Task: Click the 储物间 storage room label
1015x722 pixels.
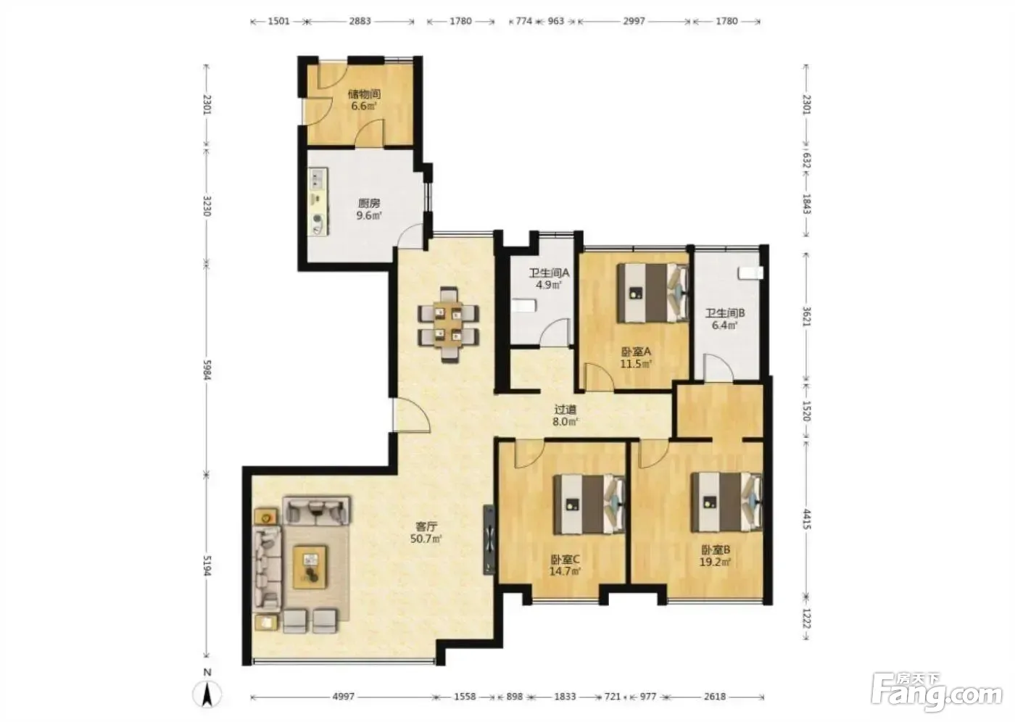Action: (x=364, y=94)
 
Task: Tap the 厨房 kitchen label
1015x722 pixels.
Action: (x=369, y=204)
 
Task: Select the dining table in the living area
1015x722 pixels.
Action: (x=448, y=324)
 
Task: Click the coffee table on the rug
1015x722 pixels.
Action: (x=310, y=567)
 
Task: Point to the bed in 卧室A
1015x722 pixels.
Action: (x=653, y=293)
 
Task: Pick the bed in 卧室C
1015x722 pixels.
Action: (x=589, y=504)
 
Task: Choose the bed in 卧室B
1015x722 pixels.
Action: (x=726, y=502)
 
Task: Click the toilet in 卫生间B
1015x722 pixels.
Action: (x=750, y=273)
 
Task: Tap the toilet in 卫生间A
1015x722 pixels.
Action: (x=523, y=305)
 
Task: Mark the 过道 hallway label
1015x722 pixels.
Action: (x=565, y=410)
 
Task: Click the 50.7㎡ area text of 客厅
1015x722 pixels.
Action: (x=426, y=539)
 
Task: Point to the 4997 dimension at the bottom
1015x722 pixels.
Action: (x=343, y=697)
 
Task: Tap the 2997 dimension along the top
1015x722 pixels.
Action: (x=633, y=21)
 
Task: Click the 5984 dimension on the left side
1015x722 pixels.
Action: (x=207, y=370)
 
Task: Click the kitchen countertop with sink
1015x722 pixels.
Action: (x=319, y=202)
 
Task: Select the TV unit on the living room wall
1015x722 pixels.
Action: (x=489, y=540)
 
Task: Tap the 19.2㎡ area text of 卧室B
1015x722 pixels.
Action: (x=715, y=563)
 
